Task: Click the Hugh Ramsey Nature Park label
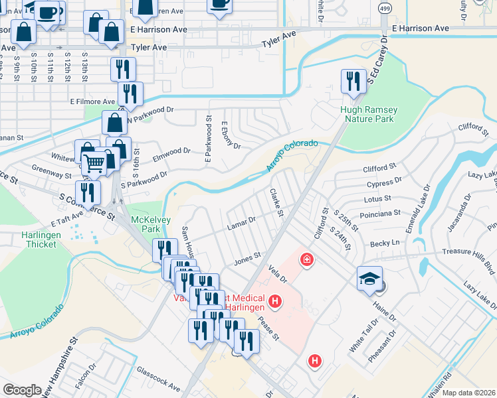click(367, 114)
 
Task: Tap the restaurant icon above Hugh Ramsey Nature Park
click(353, 82)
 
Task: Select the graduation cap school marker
click(369, 279)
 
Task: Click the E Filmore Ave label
click(92, 101)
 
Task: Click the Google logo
click(22, 390)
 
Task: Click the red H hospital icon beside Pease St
click(314, 361)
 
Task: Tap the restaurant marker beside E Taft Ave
click(88, 192)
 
